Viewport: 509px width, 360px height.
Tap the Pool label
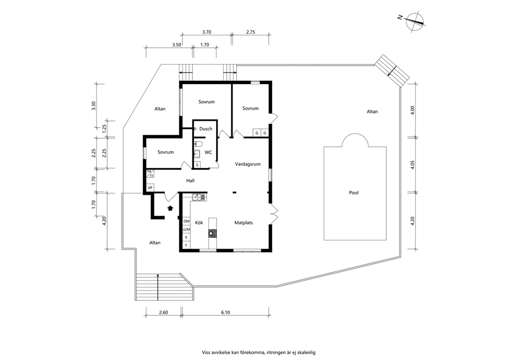354,193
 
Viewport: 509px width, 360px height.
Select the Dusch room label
206,129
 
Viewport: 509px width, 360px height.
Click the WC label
208,152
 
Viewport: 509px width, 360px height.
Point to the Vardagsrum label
248,164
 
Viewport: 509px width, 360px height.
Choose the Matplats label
244,222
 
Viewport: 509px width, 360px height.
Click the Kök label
199,222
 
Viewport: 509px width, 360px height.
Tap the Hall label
190,180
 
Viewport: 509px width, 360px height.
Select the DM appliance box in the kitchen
186,221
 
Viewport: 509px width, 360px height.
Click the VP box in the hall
150,188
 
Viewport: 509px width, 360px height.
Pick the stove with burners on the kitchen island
212,233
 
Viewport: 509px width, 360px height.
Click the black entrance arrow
170,208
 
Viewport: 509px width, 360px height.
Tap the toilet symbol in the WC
199,144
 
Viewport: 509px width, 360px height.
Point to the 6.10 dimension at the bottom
226,313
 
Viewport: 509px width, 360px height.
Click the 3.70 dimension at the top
207,32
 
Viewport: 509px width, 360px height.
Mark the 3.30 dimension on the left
94,106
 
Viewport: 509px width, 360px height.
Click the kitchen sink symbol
199,197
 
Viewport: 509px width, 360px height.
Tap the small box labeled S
198,165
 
